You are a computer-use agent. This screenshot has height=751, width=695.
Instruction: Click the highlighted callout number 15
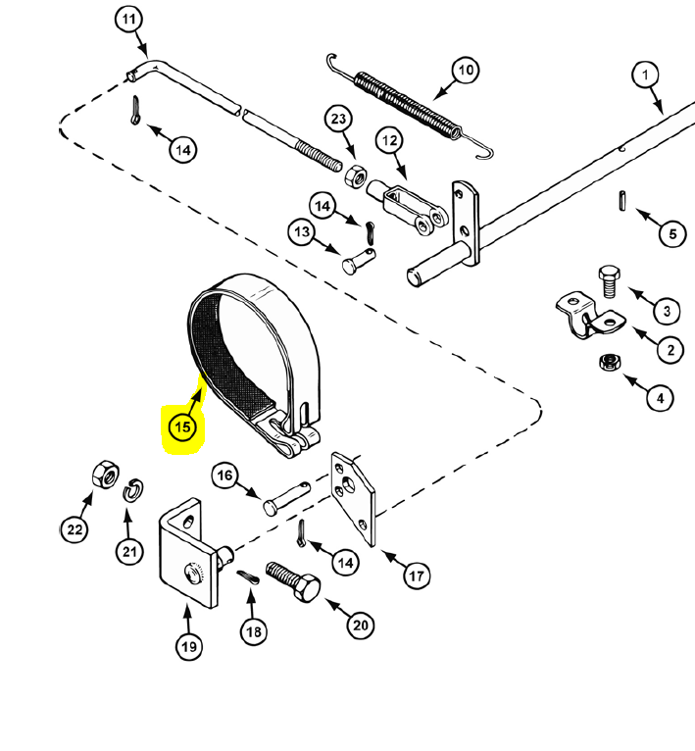pyautogui.click(x=182, y=426)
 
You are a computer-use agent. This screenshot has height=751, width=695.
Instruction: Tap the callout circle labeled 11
pyautogui.click(x=128, y=20)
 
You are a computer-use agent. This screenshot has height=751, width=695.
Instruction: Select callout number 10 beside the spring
pyautogui.click(x=466, y=70)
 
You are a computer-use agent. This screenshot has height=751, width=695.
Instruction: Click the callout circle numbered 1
pyautogui.click(x=645, y=75)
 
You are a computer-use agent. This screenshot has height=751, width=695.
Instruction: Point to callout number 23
pyautogui.click(x=338, y=119)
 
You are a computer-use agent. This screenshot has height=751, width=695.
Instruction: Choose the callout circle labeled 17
pyautogui.click(x=417, y=575)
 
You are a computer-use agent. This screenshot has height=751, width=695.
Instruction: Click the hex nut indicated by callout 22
pyautogui.click(x=106, y=475)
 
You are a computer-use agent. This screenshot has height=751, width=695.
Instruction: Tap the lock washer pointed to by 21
pyautogui.click(x=133, y=489)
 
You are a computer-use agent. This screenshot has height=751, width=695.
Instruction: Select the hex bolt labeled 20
pyautogui.click(x=293, y=581)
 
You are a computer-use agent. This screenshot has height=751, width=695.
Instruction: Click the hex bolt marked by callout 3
pyautogui.click(x=610, y=281)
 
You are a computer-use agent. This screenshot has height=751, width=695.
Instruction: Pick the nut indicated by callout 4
pyautogui.click(x=611, y=362)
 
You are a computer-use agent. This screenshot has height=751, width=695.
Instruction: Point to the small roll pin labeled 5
pyautogui.click(x=621, y=200)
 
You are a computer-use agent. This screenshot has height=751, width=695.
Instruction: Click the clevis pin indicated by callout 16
pyautogui.click(x=286, y=498)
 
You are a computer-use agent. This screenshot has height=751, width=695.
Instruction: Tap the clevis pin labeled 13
pyautogui.click(x=359, y=261)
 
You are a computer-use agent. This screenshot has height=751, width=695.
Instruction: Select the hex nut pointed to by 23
pyautogui.click(x=356, y=175)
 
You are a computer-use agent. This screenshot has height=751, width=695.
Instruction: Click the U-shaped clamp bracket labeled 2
pyautogui.click(x=590, y=315)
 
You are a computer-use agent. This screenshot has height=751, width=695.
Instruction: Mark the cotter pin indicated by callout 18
pyautogui.click(x=248, y=577)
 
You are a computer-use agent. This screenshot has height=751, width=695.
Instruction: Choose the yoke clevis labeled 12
pyautogui.click(x=409, y=209)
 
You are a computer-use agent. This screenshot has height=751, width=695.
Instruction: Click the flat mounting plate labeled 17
pyautogui.click(x=354, y=498)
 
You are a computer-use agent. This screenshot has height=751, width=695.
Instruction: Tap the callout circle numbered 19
pyautogui.click(x=189, y=646)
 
